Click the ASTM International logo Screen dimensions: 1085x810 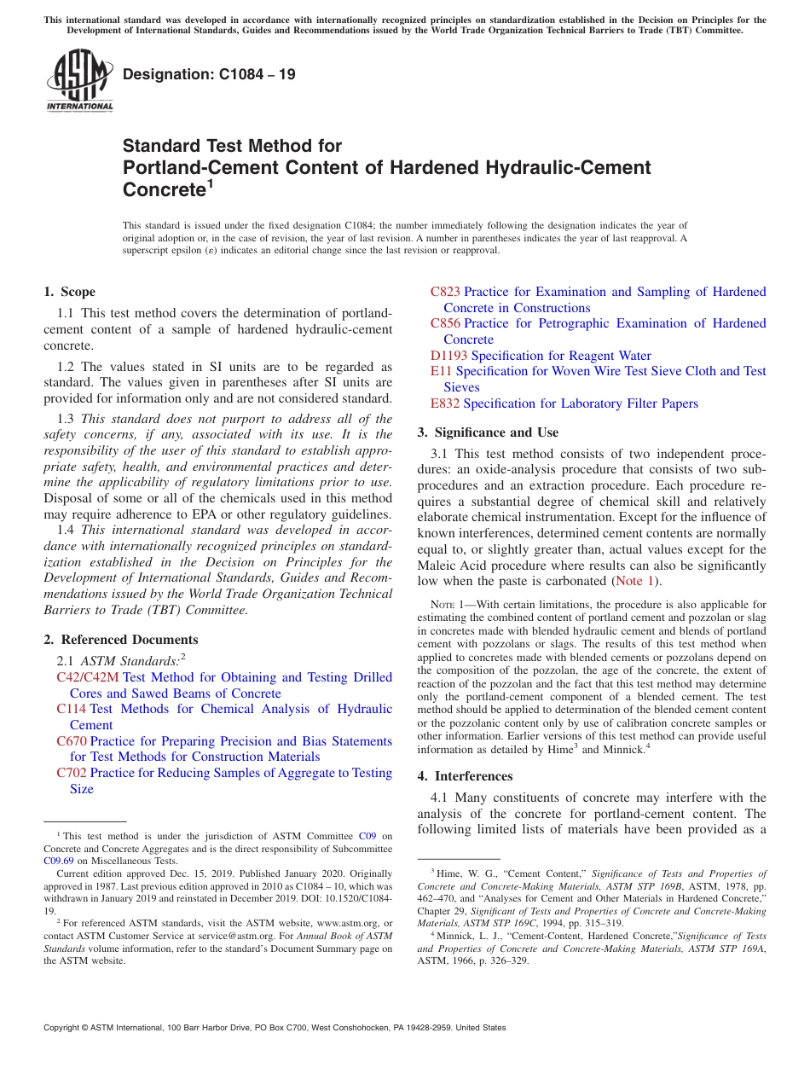coord(79,82)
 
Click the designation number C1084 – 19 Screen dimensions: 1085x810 coord(209,74)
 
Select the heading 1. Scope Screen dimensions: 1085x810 coord(70,292)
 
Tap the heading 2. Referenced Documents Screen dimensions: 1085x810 coord(121,640)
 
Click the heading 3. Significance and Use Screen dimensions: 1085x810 coord(488,432)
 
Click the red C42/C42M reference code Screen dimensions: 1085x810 coord(88,677)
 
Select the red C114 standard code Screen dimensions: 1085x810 coord(72,709)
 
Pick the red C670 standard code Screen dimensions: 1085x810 coord(72,741)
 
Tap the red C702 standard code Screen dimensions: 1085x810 coord(72,773)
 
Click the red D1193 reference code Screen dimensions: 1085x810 coord(448,356)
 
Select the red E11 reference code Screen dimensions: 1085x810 coord(441,371)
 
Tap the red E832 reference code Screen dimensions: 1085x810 coord(445,403)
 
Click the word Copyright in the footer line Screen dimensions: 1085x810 coord(65,1028)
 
